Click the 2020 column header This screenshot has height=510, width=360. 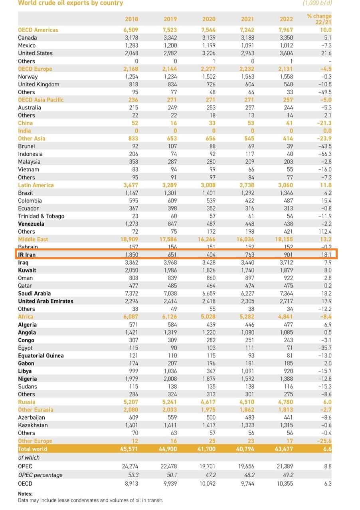[209, 19]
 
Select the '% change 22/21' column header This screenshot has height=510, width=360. [319, 19]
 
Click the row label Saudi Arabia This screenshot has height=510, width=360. [34, 293]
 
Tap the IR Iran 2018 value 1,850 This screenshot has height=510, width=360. [132, 254]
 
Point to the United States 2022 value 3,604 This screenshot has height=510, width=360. [286, 53]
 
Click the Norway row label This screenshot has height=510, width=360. [28, 77]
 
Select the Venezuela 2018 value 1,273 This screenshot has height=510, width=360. [132, 224]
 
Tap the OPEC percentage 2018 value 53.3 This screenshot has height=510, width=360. [133, 475]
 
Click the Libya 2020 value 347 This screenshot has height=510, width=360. [211, 371]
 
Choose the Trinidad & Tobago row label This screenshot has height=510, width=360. [41, 216]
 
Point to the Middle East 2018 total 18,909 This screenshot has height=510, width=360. [129, 239]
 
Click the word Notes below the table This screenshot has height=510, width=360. [25, 494]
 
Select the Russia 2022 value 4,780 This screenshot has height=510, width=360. [285, 402]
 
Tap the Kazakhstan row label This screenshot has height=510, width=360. [33, 425]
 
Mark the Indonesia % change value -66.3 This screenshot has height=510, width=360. [325, 154]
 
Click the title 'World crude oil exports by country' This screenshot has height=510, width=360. [71, 3]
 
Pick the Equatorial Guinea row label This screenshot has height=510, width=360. [41, 355]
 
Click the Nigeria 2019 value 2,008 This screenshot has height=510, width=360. [170, 379]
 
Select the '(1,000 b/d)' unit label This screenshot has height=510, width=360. [317, 3]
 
